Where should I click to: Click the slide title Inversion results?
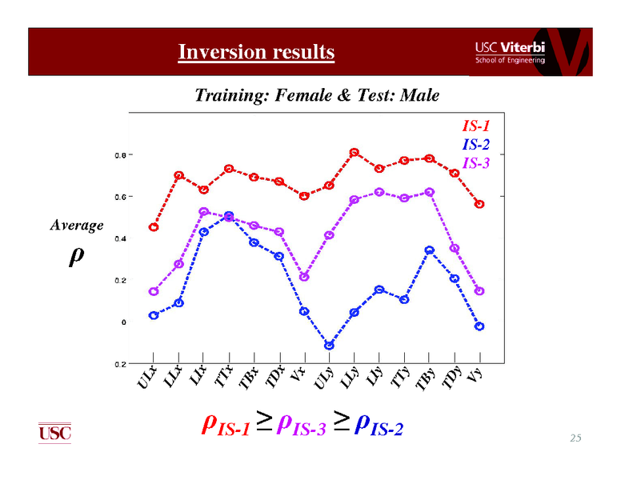coord(256,53)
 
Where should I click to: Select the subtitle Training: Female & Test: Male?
coord(317,96)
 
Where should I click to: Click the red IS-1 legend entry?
coord(475,126)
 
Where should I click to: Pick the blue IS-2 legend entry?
coord(475,145)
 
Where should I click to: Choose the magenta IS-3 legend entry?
coord(475,164)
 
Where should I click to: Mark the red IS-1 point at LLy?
coord(354,153)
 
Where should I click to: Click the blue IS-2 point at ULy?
coord(329,346)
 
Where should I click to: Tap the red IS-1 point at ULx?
coord(154,227)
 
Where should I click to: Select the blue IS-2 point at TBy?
coord(429,250)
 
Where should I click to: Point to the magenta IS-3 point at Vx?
coord(304,277)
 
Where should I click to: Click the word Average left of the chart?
coord(77,226)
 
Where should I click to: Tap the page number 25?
coord(575,438)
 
